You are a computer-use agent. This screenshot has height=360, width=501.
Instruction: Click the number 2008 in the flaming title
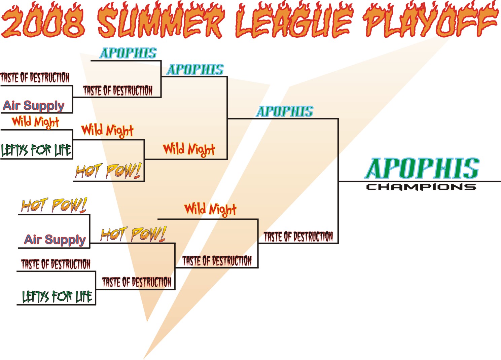coord(43,21)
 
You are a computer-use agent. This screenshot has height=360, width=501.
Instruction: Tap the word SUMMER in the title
coord(160,21)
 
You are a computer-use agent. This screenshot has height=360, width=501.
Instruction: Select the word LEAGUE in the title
coord(294,21)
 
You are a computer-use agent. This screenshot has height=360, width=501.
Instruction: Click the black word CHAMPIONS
coord(421,187)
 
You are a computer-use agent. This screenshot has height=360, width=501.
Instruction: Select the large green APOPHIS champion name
coord(422,168)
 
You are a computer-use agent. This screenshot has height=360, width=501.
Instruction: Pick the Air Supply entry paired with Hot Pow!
coord(55,240)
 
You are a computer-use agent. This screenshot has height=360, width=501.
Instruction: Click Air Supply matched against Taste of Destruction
coord(34,106)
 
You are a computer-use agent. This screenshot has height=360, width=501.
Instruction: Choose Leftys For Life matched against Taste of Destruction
coord(57,296)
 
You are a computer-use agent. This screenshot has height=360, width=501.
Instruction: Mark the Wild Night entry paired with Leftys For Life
coord(35,122)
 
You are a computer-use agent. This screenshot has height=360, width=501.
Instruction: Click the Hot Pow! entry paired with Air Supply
coord(54,205)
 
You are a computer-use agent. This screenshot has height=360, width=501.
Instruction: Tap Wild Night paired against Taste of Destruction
coord(210,210)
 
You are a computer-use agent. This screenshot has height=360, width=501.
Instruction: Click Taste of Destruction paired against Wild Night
coord(217,261)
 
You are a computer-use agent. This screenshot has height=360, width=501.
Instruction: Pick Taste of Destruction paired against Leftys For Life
coord(56,264)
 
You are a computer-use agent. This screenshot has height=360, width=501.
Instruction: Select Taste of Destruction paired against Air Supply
coord(35,77)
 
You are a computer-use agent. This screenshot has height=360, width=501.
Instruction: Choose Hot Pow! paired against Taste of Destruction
coord(133,234)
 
